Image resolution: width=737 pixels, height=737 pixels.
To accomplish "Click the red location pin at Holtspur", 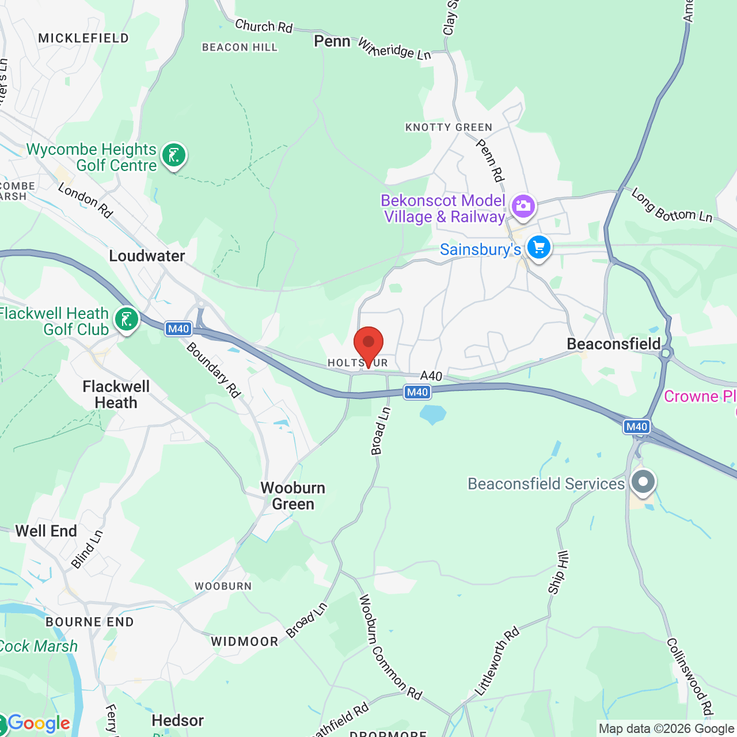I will (368, 343).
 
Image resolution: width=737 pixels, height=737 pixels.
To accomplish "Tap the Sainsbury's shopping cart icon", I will (539, 248).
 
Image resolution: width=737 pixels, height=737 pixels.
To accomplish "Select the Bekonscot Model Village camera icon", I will (523, 206).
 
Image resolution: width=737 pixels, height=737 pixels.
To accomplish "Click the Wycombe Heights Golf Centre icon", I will (173, 154).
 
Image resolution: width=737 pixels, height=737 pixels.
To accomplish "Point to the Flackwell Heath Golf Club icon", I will (126, 318).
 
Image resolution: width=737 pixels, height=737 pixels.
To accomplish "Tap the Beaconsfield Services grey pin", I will (643, 481).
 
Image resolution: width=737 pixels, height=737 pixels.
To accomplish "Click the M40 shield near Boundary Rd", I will (178, 329).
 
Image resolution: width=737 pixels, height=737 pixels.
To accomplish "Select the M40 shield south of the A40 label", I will (417, 392).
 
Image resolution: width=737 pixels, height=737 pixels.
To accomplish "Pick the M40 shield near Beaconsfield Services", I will (636, 427).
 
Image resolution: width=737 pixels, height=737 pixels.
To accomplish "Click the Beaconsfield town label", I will (613, 344).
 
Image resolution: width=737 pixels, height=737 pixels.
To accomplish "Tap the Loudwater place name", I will (147, 256).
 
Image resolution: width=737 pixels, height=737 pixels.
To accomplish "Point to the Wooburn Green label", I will (293, 496).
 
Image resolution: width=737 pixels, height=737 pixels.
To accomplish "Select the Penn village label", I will (332, 41).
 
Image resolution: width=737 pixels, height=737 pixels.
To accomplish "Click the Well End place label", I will (46, 531).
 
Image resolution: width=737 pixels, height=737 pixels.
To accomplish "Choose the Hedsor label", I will (177, 721).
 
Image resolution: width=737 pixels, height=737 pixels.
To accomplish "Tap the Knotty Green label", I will (449, 127).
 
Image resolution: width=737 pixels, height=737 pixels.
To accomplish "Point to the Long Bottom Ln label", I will (672, 205).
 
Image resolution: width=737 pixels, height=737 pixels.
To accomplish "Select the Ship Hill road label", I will (558, 572).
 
